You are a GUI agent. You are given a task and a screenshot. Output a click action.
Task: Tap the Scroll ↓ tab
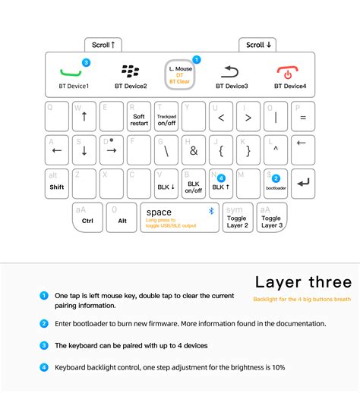259,45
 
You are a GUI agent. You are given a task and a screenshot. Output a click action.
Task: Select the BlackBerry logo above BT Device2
130,72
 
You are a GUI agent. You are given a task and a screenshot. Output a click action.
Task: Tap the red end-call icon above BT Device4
289,73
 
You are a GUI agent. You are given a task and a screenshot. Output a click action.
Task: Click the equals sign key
302,118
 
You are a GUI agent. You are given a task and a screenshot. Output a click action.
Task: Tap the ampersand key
194,150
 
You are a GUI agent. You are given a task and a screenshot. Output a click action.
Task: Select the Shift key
57,184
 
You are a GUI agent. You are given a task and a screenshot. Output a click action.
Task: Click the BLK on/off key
194,184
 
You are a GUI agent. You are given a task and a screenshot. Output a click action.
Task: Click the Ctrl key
87,218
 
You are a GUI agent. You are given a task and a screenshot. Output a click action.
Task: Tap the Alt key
121,218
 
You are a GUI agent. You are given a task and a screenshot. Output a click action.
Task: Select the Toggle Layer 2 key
237,218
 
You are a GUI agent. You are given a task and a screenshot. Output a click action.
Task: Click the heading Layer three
302,282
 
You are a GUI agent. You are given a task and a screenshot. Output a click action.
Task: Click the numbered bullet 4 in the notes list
44,368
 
